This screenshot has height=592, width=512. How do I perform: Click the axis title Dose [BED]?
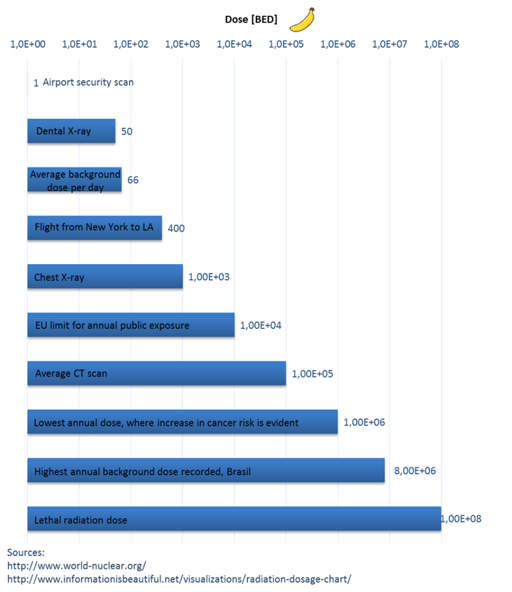click(x=251, y=20)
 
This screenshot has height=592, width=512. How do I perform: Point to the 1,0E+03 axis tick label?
click(x=183, y=44)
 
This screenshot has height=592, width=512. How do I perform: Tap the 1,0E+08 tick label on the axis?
click(x=441, y=44)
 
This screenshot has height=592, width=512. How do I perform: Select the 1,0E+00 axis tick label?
click(x=28, y=44)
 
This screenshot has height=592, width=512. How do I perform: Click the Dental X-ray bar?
click(x=71, y=131)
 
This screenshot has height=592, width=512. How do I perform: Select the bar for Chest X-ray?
click(x=105, y=277)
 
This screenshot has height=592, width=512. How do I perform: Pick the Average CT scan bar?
click(x=156, y=373)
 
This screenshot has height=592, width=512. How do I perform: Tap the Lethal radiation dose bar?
click(x=234, y=519)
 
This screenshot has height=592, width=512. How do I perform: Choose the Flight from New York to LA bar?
click(x=94, y=228)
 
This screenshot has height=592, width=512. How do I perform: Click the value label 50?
click(x=127, y=132)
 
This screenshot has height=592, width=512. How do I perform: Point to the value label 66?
click(x=133, y=180)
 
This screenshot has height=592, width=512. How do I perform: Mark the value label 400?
click(x=176, y=228)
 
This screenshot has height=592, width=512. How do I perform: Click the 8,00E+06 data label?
click(x=415, y=471)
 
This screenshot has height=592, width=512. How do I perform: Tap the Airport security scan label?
click(x=88, y=82)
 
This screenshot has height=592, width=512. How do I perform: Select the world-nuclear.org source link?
click(x=76, y=565)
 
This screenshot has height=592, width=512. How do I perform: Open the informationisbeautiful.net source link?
click(x=179, y=579)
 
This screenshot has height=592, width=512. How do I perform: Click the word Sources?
click(x=25, y=553)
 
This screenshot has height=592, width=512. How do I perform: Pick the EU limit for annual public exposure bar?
click(x=131, y=325)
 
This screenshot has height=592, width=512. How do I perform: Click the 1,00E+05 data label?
click(x=313, y=374)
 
